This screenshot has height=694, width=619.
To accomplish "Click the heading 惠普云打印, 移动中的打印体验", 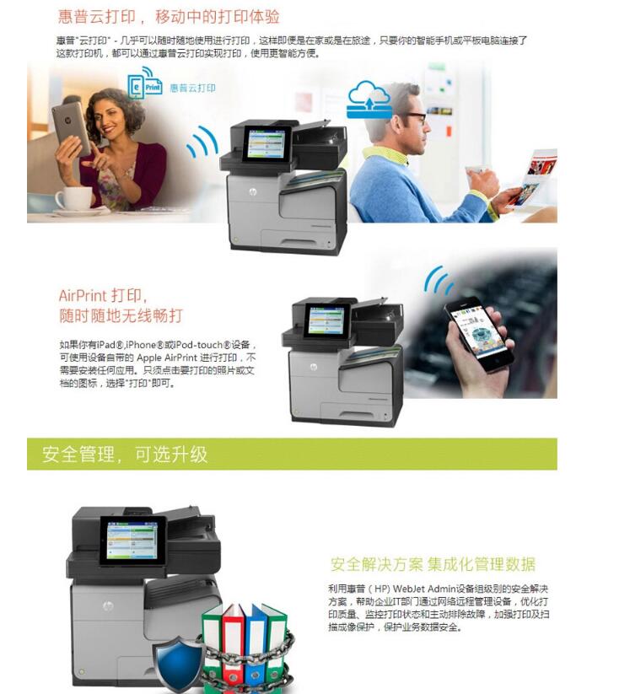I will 169,17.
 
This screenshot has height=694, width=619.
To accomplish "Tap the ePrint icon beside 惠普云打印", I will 144,86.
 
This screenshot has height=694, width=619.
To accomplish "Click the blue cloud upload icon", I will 369,98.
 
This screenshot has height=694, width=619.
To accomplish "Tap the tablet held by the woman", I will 70,126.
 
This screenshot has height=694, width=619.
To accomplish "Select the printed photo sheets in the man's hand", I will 535,177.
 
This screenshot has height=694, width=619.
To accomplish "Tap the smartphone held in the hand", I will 478,333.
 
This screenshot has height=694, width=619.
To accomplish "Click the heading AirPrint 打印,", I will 103,296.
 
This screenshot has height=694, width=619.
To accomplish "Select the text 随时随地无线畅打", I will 121,316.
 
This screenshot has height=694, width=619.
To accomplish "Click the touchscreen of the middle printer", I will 327,319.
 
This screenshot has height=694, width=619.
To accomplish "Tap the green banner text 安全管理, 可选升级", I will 125,455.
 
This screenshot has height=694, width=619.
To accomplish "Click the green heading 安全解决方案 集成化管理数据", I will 433,564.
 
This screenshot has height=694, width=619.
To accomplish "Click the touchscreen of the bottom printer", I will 133,540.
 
